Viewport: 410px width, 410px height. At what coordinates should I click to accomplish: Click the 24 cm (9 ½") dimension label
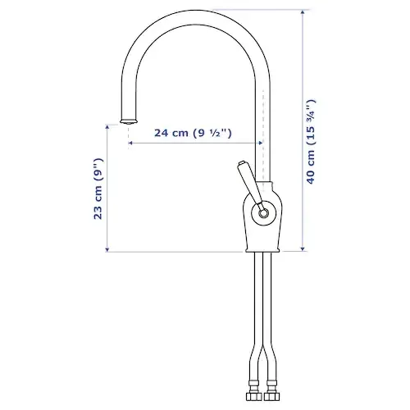[193, 133]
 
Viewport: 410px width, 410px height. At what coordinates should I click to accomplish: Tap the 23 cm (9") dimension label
[98, 189]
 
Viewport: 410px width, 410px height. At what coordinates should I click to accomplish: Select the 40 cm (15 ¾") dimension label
[311, 142]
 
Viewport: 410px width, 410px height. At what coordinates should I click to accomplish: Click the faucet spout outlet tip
[129, 121]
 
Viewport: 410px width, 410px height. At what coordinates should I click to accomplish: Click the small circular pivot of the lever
[263, 212]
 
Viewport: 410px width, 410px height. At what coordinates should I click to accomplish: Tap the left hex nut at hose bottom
[254, 396]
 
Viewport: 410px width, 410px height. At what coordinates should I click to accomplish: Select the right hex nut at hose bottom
[271, 396]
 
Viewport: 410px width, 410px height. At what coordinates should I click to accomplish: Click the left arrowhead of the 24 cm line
[130, 143]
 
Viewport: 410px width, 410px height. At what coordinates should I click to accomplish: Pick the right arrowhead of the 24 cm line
[261, 143]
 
